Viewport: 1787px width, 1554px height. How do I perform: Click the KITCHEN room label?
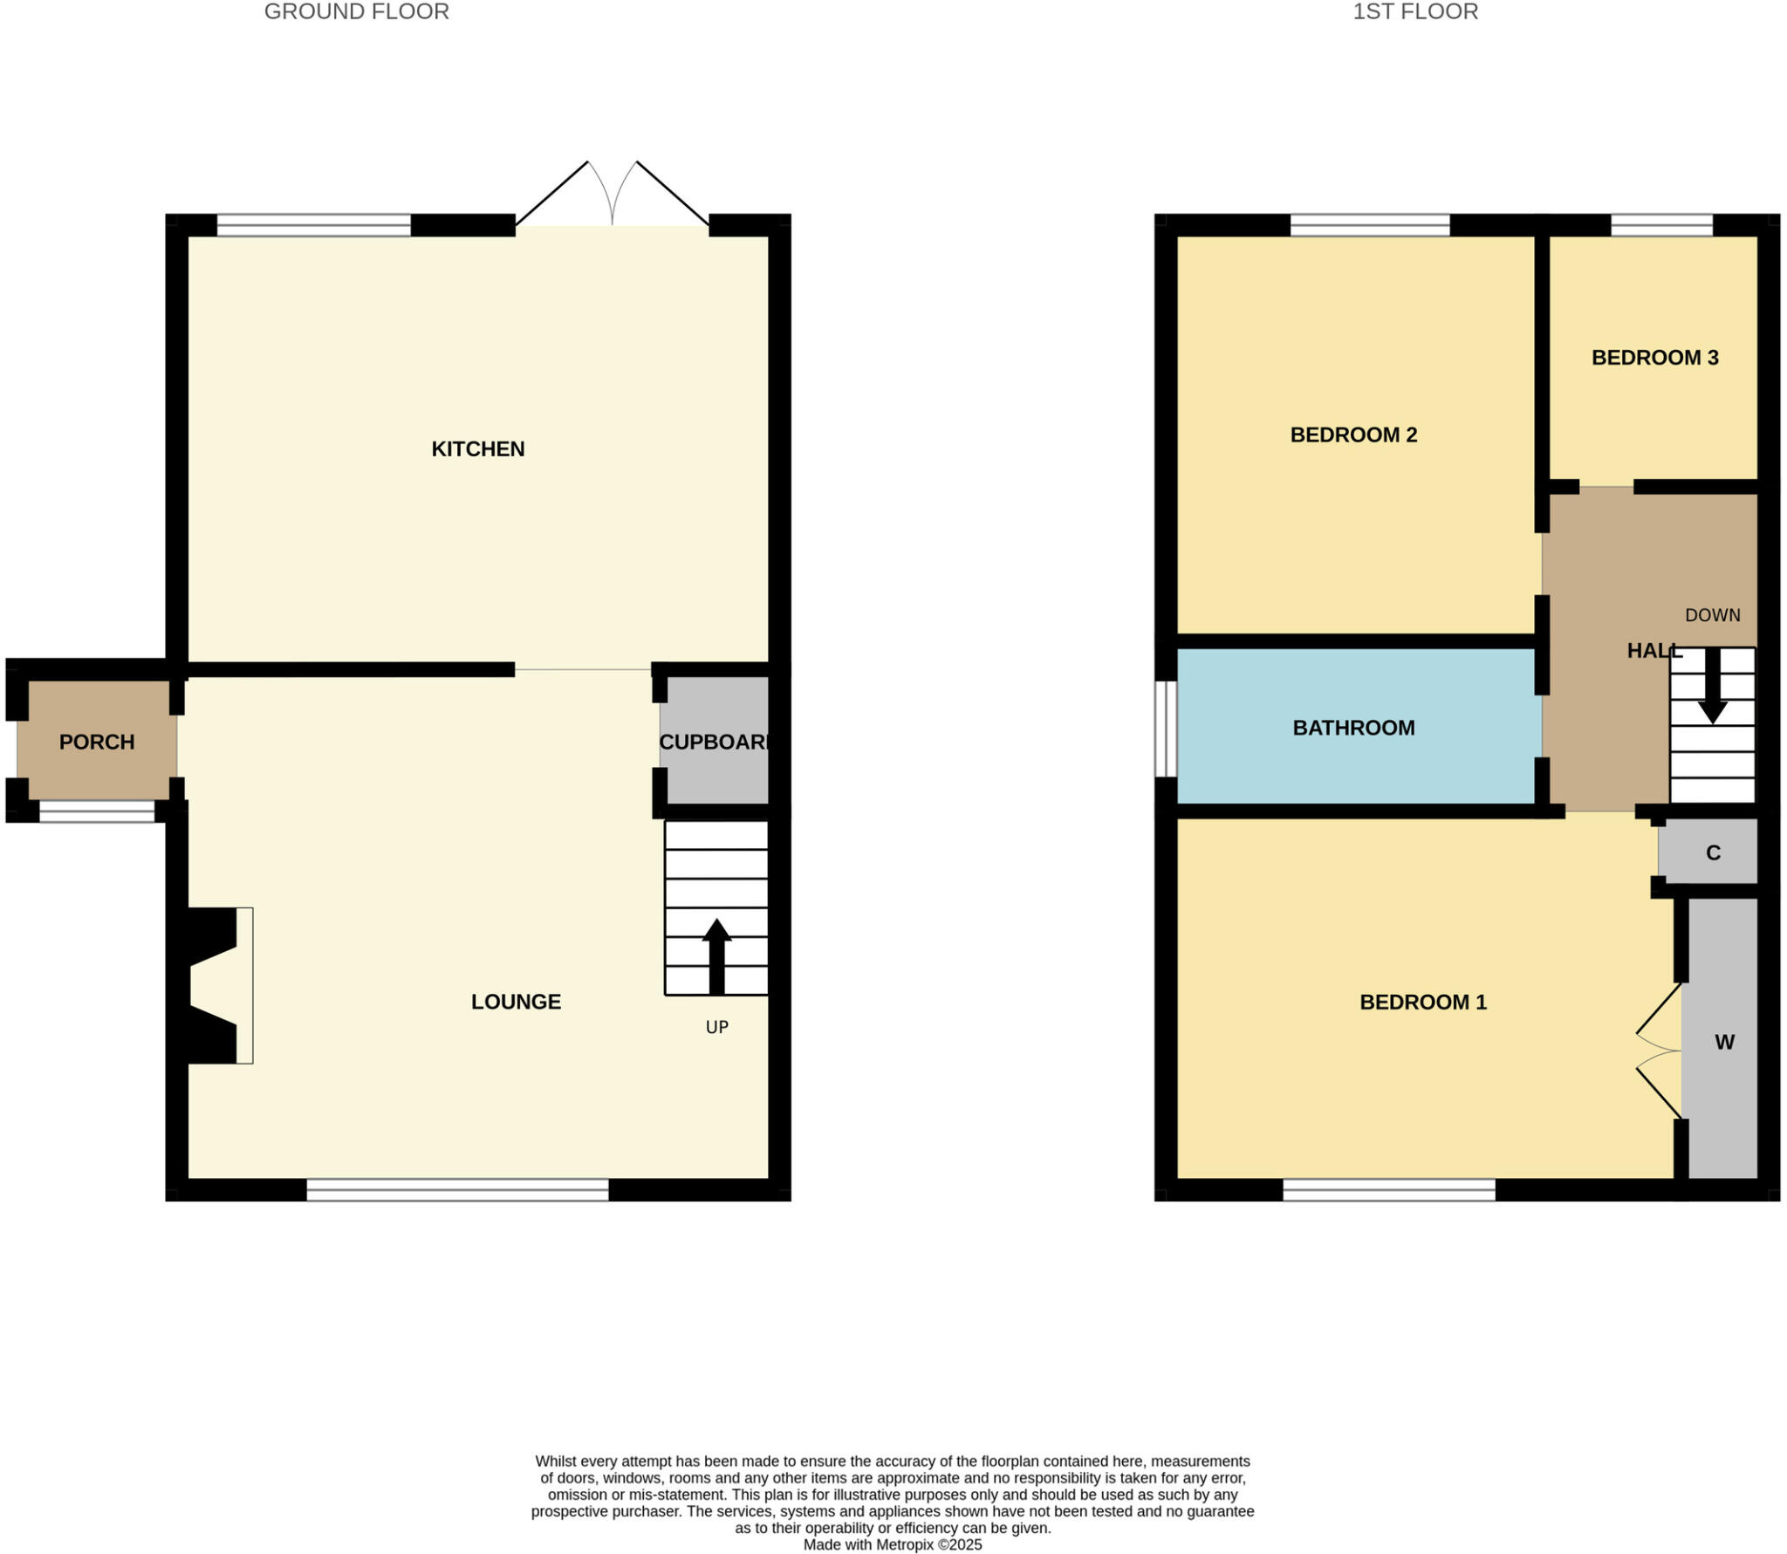click(477, 448)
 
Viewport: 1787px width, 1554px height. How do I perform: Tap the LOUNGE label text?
click(516, 1002)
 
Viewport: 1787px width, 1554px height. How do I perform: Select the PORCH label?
click(97, 742)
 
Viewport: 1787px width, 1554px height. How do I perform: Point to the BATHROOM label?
click(1353, 728)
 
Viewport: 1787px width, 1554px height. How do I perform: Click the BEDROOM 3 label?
click(1654, 357)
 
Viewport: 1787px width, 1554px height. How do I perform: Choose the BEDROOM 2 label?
click(1353, 435)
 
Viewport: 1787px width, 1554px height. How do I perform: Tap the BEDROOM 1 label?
click(1422, 1002)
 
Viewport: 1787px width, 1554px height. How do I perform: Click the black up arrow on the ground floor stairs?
click(716, 955)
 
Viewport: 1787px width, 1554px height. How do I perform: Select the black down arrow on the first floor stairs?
click(1712, 686)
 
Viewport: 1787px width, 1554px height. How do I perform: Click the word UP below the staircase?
click(716, 1027)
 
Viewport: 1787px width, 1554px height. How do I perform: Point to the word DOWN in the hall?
click(1712, 615)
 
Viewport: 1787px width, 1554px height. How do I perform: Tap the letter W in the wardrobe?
click(1724, 1042)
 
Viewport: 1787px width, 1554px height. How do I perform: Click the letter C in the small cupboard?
click(1713, 852)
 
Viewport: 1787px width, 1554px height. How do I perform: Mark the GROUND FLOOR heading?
click(356, 12)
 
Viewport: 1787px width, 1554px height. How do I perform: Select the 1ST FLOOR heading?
click(1414, 12)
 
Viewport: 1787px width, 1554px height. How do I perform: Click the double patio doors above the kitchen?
click(612, 196)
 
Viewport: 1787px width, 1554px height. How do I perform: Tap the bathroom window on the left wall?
click(1166, 729)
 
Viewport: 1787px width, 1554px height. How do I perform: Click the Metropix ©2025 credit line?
click(892, 1544)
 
